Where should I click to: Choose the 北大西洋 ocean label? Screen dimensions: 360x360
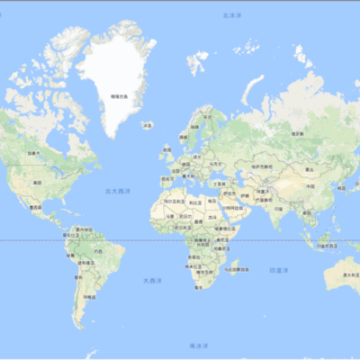[115, 191]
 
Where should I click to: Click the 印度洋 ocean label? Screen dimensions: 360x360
[280, 269]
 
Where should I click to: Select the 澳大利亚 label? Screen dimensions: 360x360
[347, 274]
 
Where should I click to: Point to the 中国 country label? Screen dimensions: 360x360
[309, 186]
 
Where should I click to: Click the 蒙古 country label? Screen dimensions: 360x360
[310, 168]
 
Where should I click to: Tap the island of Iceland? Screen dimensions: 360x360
[148, 126]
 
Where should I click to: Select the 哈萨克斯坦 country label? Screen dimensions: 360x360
[261, 166]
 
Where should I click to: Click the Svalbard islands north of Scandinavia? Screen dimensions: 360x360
[196, 63]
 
